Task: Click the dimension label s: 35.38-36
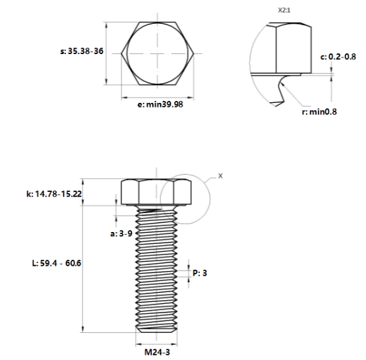pos(82,51)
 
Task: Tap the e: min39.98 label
pos(160,104)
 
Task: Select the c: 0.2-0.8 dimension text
pos(338,57)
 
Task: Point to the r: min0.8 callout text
pos(319,112)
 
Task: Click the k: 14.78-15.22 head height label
pos(54,194)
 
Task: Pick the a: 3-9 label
pos(121,233)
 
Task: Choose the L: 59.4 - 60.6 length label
pos(57,263)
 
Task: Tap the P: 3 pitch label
pos(200,273)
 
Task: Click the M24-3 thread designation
pos(158,352)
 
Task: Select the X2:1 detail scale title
pos(284,11)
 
